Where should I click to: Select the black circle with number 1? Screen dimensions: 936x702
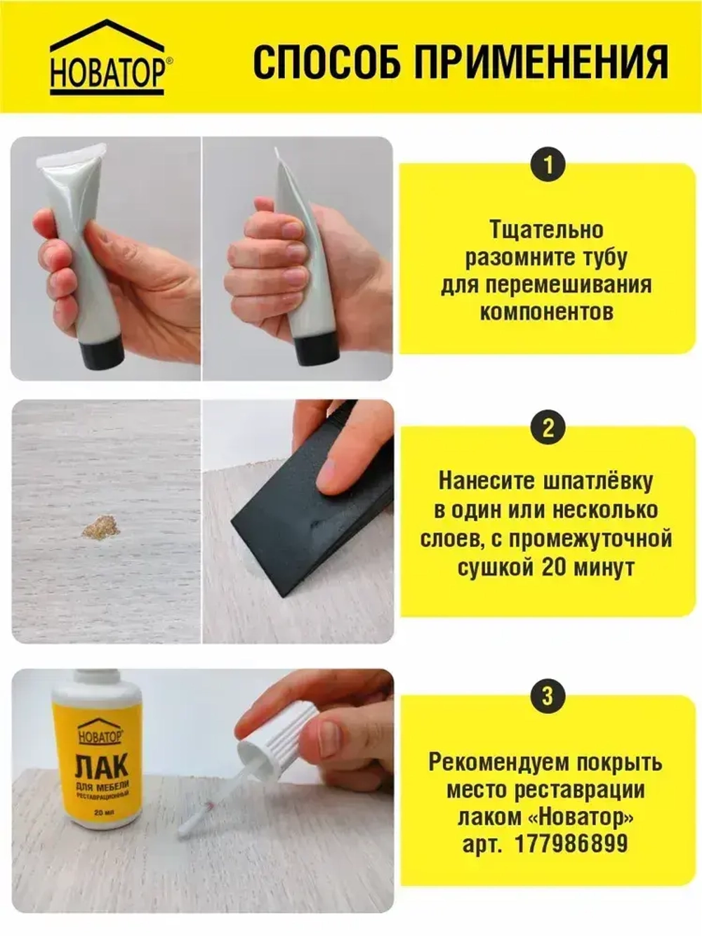tap(548, 165)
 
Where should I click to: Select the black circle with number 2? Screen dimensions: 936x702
tap(548, 428)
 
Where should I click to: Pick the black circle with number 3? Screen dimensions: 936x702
tap(548, 696)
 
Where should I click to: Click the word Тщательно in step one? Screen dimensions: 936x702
tap(547, 230)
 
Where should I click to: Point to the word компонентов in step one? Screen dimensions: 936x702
tap(547, 312)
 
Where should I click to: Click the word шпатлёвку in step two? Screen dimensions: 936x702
tap(599, 482)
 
